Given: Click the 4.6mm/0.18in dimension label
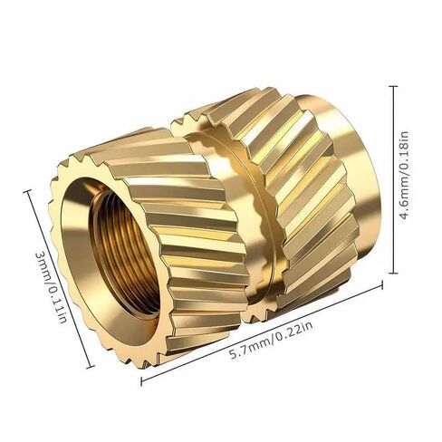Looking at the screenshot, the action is tap(404, 176).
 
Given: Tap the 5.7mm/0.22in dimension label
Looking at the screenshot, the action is tap(271, 340).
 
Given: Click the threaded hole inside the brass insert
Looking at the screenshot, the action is tap(124, 254).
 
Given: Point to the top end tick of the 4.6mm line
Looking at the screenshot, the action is tap(393, 86).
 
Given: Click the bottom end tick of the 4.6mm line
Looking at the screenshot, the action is tap(393, 273).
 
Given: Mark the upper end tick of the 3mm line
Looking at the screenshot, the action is tap(28, 191).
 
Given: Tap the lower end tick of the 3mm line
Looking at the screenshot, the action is tap(91, 367).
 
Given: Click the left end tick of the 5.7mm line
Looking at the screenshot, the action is tap(141, 381).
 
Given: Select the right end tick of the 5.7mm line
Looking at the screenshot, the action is tap(382, 285).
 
